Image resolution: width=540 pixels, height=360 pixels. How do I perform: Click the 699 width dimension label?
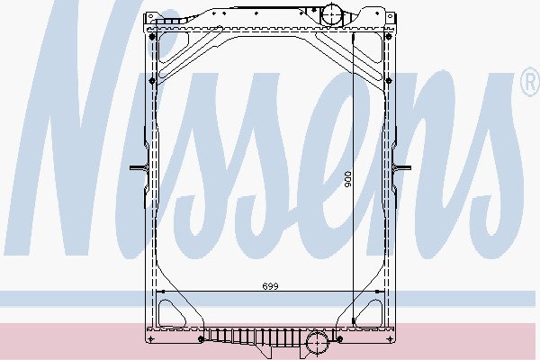click(270, 286)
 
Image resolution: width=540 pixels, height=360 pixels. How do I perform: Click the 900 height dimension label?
click(347, 179)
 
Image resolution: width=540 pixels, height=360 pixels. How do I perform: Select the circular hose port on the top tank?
click(332, 14)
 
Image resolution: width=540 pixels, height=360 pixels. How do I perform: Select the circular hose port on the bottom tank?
click(317, 343)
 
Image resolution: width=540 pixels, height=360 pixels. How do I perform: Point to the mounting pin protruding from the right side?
click(403, 168)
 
